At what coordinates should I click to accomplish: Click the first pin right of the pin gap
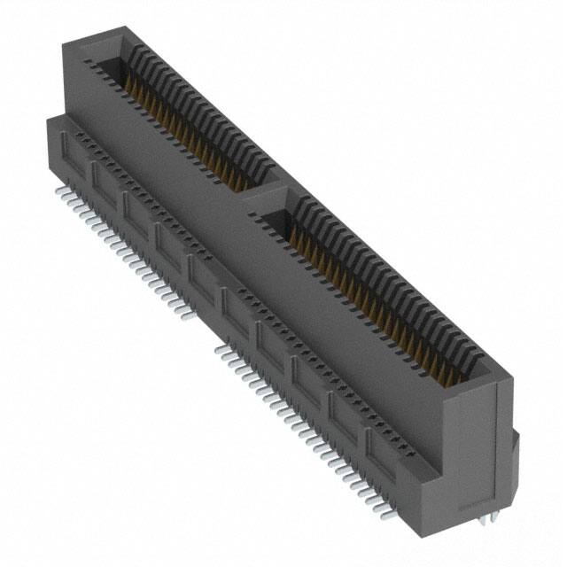pyautogui.click(x=218, y=349)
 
